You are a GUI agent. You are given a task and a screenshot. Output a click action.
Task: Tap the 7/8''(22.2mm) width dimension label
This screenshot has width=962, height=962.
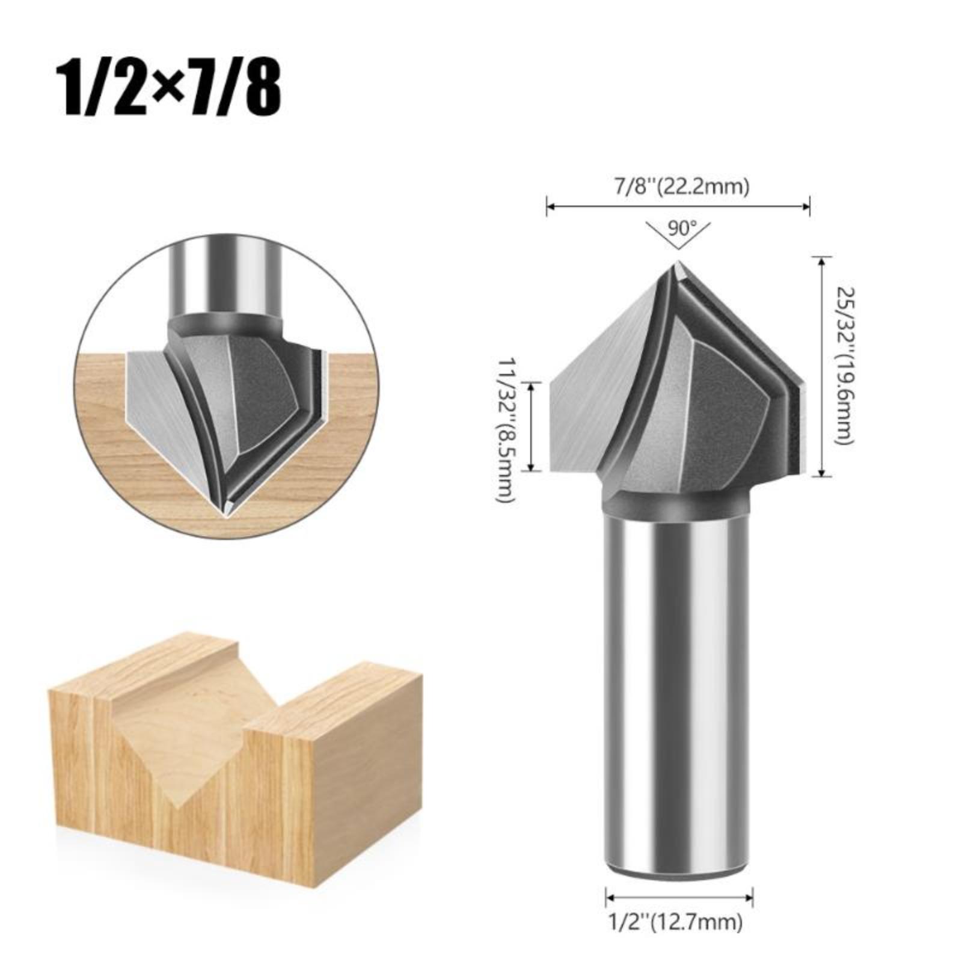click(678, 186)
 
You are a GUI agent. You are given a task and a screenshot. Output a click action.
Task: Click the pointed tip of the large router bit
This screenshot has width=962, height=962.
click(678, 262)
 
